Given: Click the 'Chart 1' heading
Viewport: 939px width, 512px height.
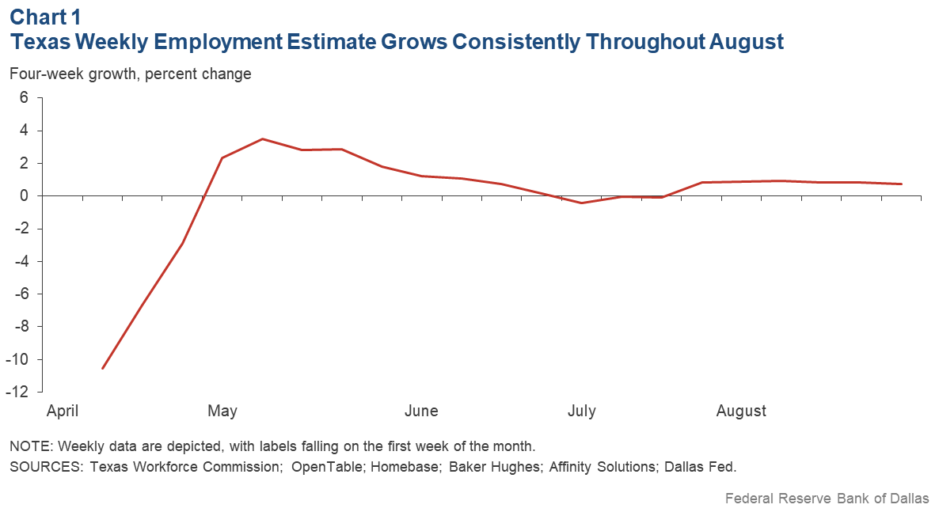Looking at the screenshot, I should pos(45,16).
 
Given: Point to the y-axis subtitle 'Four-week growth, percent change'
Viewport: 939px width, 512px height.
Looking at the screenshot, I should pos(131,74).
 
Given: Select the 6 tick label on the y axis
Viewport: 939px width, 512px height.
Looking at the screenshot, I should pos(24,97).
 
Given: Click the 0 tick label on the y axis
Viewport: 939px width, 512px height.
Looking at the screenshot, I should pos(24,195).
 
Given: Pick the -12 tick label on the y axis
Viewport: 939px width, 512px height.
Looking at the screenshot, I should pos(19,393).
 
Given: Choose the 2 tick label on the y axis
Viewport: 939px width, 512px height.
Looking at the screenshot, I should pos(24,163).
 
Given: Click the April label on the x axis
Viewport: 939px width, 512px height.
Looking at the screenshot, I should pos(63,411).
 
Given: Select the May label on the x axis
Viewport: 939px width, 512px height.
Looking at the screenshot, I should pos(222,411).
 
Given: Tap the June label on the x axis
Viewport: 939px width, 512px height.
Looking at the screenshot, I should pos(421,411).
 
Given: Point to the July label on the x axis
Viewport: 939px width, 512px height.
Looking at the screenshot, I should pos(582,411).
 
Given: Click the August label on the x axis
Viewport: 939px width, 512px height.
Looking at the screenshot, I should pos(741,411).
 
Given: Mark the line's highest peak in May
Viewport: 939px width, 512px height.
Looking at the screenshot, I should pos(262,139).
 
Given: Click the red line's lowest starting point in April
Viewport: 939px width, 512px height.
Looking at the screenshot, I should pos(103,368).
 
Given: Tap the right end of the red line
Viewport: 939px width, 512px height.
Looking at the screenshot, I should pos(901,184).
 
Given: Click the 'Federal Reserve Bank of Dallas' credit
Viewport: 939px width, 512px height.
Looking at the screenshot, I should pos(827,499).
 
